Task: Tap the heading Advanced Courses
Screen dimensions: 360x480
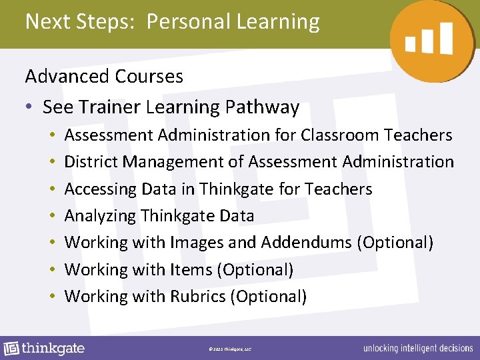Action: [x=104, y=77]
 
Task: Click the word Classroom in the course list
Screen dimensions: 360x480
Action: [x=339, y=135]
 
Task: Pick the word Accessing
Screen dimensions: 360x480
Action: [x=101, y=189]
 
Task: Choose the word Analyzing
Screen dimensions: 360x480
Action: [x=100, y=216]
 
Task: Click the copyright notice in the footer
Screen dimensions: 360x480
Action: [x=229, y=349]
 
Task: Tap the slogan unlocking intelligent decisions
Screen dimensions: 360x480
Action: [x=417, y=349]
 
